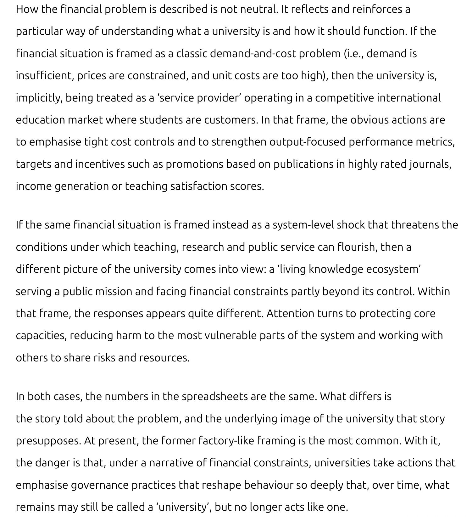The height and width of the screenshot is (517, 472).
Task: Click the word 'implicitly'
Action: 39,98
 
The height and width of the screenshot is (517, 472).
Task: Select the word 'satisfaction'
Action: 199,186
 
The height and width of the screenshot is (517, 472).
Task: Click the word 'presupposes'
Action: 48,441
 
